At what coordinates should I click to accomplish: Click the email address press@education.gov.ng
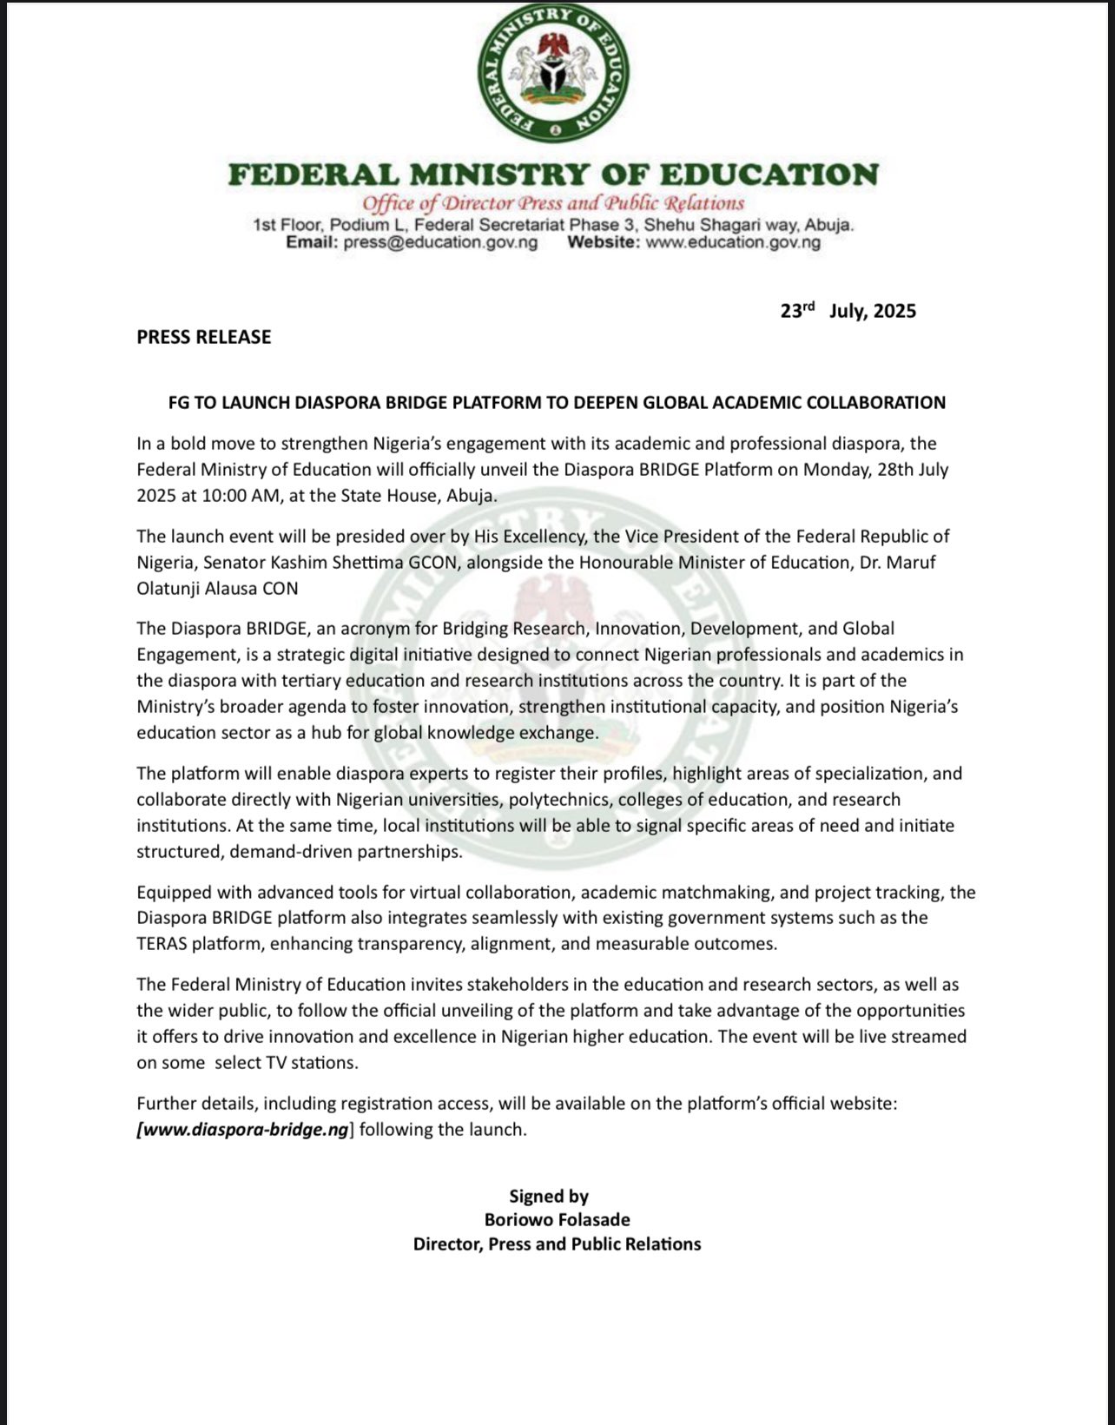pos(440,242)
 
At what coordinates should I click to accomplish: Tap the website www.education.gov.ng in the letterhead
pos(733,242)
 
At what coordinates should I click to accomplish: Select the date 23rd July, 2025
pos(848,311)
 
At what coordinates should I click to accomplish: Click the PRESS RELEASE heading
pos(204,337)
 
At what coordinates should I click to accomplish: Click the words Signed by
pos(549,1197)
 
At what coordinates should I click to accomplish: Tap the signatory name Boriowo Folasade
pos(557,1220)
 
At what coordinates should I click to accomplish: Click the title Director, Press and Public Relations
pos(557,1244)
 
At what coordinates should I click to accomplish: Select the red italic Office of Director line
pos(553,203)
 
